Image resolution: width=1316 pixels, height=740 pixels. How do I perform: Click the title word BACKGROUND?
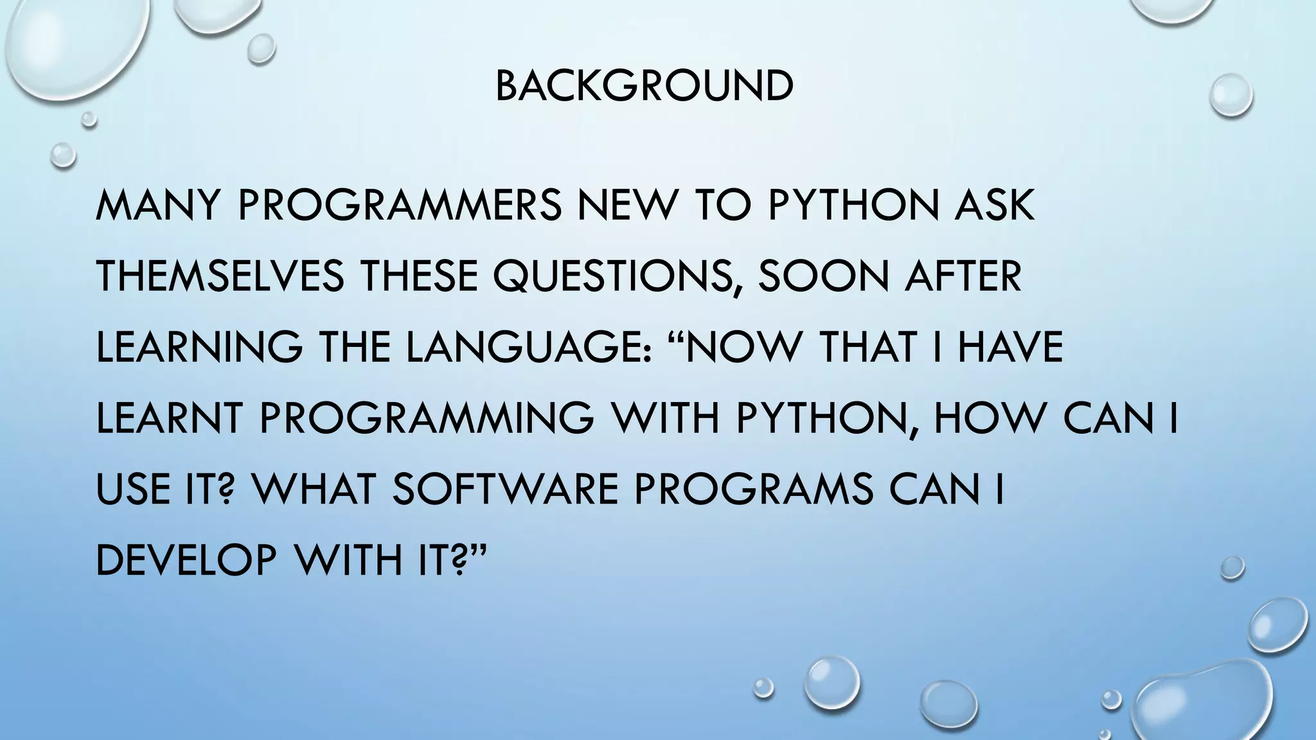[x=645, y=86]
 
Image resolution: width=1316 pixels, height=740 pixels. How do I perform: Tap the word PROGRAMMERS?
[x=400, y=206]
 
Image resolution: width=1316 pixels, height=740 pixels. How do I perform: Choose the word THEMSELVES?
[x=220, y=276]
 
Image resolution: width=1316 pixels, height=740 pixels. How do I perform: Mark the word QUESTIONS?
[x=616, y=276]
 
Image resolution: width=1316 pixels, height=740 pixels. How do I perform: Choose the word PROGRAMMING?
[x=427, y=418]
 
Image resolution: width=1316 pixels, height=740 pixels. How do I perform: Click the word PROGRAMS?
[x=754, y=488]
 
